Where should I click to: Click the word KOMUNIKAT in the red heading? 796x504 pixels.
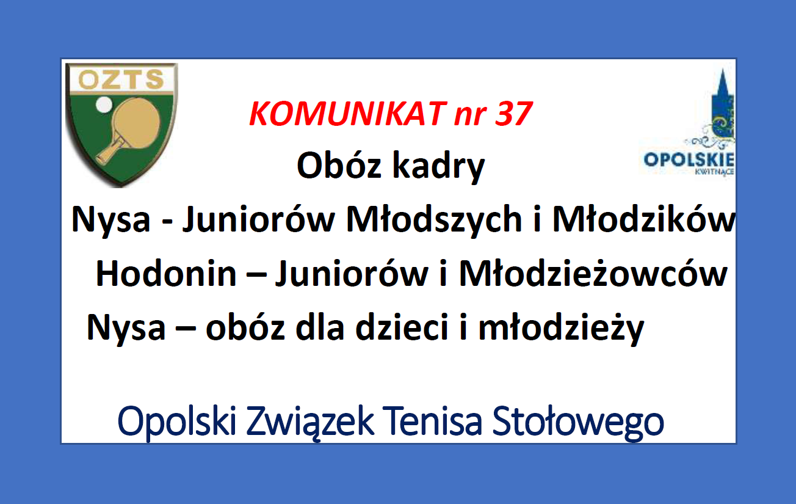pos(347,114)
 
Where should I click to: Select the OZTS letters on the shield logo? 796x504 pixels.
pos(121,79)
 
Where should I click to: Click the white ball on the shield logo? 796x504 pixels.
pos(104,104)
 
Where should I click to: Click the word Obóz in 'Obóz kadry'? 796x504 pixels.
pos(339,166)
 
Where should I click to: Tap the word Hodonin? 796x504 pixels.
pos(166,273)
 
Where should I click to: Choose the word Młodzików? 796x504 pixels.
pos(644,219)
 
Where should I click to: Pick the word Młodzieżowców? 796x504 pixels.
pos(593,273)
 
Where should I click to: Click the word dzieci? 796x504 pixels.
pos(402,327)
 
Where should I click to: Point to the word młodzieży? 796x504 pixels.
pos(562,329)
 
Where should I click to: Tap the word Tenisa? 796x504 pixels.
pos(432,422)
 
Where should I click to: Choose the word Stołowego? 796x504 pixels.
pos(578,423)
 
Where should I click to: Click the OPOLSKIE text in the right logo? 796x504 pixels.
pos(689,159)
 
